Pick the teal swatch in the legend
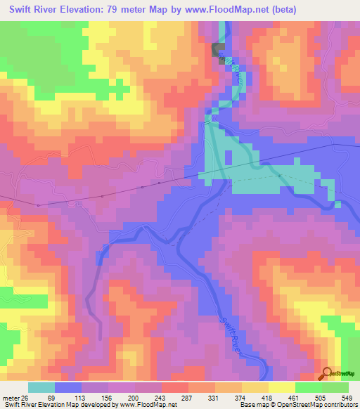41,387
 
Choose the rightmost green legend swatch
335,387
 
